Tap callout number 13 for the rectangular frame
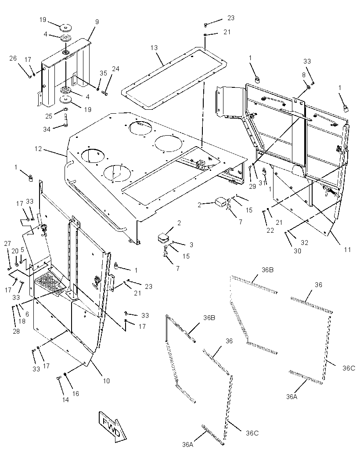(x=154, y=48)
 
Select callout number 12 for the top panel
(x=38, y=148)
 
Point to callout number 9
(x=97, y=22)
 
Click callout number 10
(x=106, y=381)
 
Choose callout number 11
(x=347, y=249)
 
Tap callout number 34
(x=47, y=129)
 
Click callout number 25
(x=49, y=116)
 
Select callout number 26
(x=13, y=58)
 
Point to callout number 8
(x=304, y=75)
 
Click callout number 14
(x=65, y=400)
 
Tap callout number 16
(x=76, y=394)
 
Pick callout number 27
(x=8, y=243)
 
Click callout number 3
(x=191, y=245)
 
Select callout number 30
(x=297, y=251)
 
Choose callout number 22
(x=270, y=230)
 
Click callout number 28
(x=16, y=331)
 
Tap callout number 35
(x=103, y=73)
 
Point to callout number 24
(x=115, y=69)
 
